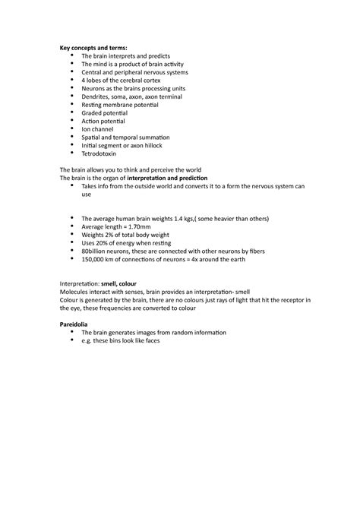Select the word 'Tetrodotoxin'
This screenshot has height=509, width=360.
99,153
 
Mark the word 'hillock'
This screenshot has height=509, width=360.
150,144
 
